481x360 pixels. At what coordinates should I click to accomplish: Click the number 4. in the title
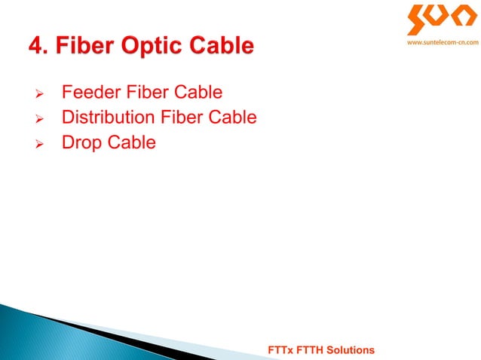tap(38, 47)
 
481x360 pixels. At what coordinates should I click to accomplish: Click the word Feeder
tap(88, 93)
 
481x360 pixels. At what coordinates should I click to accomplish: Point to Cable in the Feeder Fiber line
tap(197, 93)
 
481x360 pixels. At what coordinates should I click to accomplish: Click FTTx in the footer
tap(281, 351)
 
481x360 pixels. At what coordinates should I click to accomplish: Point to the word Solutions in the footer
tap(351, 351)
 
